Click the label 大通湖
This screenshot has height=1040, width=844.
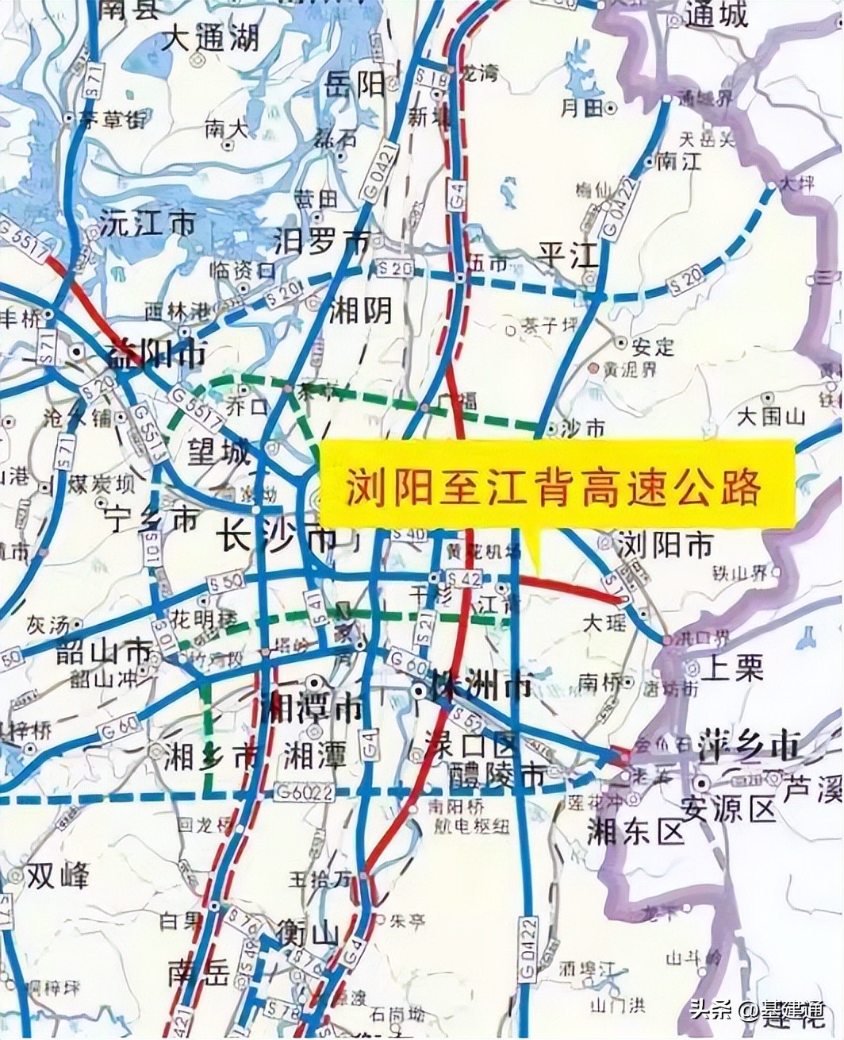click(x=210, y=37)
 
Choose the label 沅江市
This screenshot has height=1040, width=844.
click(x=148, y=224)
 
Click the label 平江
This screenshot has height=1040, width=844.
click(x=567, y=256)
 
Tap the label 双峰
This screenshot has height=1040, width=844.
click(x=57, y=876)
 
